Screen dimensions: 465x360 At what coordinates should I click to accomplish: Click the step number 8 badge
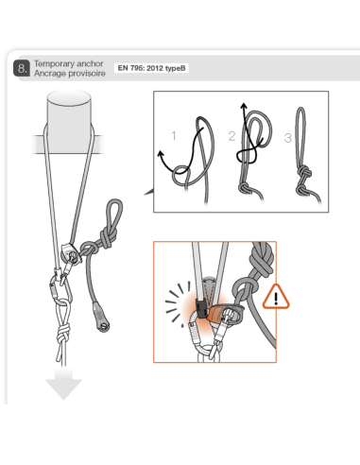[22, 68]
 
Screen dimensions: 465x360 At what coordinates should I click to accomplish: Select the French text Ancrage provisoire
[66, 73]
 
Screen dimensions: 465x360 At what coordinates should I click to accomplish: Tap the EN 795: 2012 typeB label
[150, 68]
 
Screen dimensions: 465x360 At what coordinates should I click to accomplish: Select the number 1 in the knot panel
[173, 136]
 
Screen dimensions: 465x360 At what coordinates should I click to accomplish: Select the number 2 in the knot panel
[231, 136]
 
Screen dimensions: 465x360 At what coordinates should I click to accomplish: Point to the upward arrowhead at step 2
[245, 106]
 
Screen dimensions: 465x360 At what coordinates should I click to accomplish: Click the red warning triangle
[277, 296]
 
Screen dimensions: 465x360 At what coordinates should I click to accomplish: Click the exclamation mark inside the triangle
[277, 299]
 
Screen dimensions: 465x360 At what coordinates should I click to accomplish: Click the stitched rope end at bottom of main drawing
[101, 324]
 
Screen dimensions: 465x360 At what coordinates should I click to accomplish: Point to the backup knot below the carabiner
[63, 334]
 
